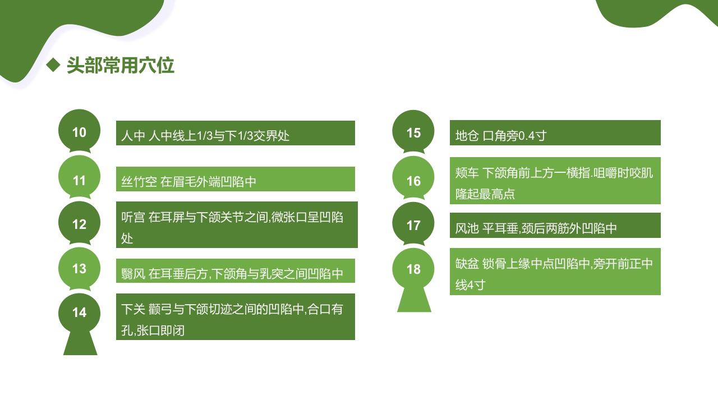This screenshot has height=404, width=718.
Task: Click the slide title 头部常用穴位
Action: (120, 66)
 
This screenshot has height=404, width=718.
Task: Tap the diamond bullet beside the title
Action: (53, 65)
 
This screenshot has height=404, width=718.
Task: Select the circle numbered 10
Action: (79, 132)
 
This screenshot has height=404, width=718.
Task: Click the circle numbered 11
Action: (79, 180)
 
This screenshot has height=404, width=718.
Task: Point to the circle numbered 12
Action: (79, 224)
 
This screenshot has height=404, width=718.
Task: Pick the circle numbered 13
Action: (79, 268)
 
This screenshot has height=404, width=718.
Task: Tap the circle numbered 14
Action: (79, 313)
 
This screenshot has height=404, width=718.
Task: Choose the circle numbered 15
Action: (413, 132)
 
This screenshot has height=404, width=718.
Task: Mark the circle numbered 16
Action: (413, 181)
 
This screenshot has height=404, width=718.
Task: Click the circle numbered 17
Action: (413, 225)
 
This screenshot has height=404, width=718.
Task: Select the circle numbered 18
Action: (413, 269)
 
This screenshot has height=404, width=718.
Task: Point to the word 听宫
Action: (133, 217)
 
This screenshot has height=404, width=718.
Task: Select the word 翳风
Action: (133, 274)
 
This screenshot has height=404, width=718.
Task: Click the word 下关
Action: (133, 309)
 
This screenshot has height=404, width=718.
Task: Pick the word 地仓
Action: (467, 135)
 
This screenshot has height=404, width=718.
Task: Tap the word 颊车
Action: (467, 173)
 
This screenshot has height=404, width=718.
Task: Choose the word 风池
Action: (467, 228)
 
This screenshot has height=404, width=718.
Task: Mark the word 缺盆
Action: (467, 264)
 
